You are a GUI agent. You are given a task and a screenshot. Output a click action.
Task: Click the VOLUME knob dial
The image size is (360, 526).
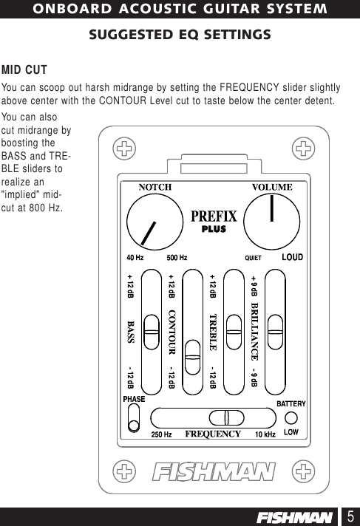click(272, 222)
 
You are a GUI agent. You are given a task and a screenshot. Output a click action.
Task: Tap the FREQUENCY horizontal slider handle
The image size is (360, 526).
click(225, 417)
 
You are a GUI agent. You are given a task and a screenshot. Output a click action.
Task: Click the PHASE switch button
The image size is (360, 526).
click(134, 424)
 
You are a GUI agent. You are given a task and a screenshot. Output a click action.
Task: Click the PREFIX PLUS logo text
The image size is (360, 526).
click(214, 220)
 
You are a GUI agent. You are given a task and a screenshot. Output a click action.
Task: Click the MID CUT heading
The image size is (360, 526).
click(24, 70)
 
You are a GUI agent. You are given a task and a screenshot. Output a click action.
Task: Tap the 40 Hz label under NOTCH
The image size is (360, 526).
click(135, 259)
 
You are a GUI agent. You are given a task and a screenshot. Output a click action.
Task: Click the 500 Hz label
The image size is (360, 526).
click(177, 259)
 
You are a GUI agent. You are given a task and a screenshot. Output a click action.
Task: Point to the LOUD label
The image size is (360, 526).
click(293, 258)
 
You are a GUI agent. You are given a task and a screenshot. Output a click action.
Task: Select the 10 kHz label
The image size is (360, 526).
click(265, 434)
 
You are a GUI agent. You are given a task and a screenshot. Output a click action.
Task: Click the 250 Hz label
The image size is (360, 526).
click(161, 434)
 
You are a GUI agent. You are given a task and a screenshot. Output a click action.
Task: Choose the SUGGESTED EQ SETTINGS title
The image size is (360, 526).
click(180, 35)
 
